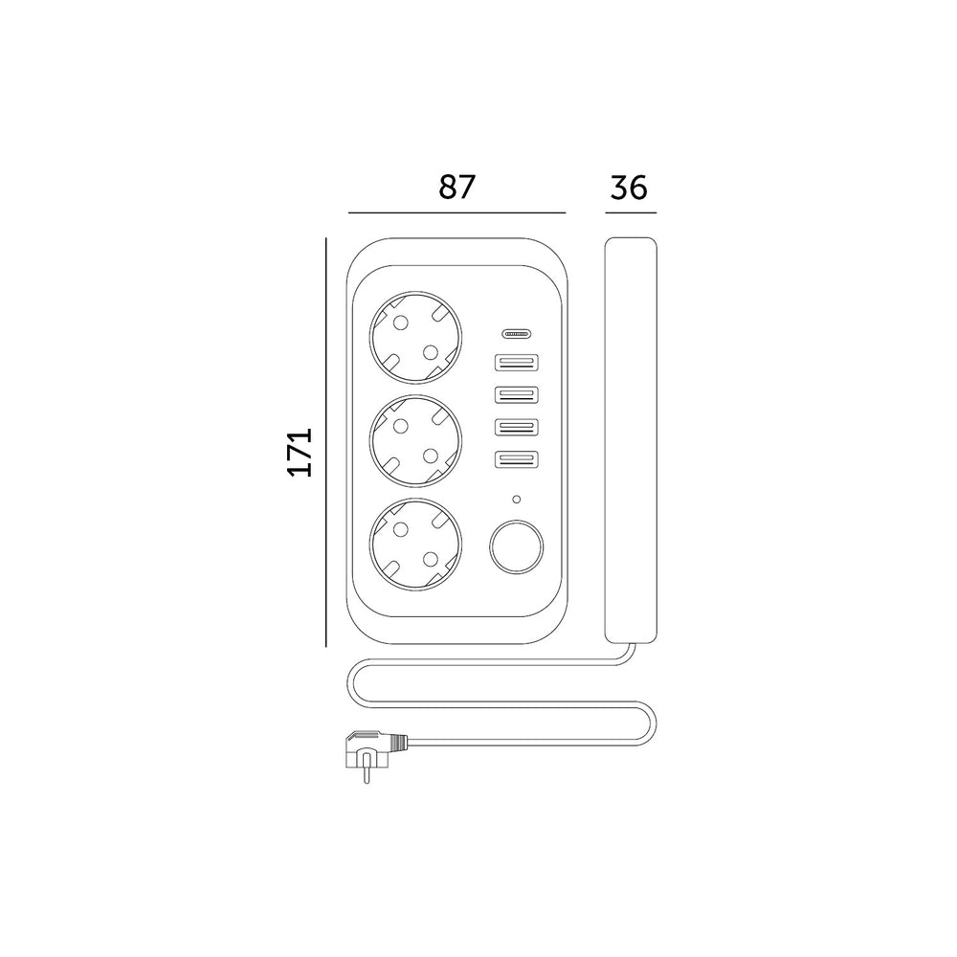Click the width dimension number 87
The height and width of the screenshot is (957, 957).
pos(456,188)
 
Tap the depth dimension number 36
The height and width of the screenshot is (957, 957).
pos(629,188)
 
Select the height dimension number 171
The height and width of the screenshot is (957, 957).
pos(300,452)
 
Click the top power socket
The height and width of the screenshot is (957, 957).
pos(415,338)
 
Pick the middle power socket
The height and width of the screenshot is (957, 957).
pos(415,440)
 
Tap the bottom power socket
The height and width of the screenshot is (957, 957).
pos(415,545)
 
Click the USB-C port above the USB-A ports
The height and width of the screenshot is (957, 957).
pos(517,334)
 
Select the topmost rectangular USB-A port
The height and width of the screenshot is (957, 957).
pos(517,363)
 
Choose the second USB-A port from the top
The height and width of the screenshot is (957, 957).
pos(517,395)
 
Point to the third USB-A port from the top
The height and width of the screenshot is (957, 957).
pos(517,427)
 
